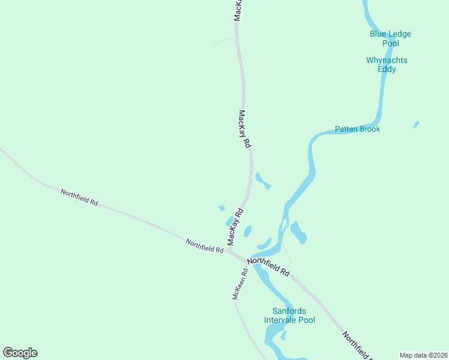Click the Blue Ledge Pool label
click(390, 38)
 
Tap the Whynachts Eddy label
click(387, 64)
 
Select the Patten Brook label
click(357, 129)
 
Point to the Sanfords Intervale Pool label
click(289, 315)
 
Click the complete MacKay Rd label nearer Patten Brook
click(244, 129)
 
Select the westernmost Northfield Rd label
click(79, 197)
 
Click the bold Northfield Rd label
click(268, 266)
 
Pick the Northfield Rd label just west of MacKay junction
click(204, 246)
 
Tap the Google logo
click(20, 353)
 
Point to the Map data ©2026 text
click(424, 355)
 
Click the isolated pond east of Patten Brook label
click(416, 124)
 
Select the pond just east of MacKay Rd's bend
click(262, 180)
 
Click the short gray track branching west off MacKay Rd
click(225, 41)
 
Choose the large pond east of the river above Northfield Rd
click(298, 233)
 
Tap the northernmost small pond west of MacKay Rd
click(221, 208)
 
